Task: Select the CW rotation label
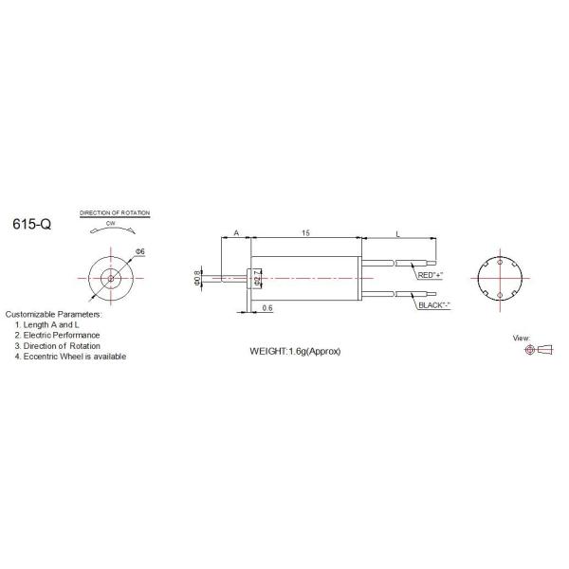tap(112, 224)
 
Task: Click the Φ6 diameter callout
tap(140, 251)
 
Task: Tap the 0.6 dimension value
tap(267, 307)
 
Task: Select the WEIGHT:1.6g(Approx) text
tap(295, 351)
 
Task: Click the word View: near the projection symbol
tap(522, 338)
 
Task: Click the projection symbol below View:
tap(537, 350)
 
